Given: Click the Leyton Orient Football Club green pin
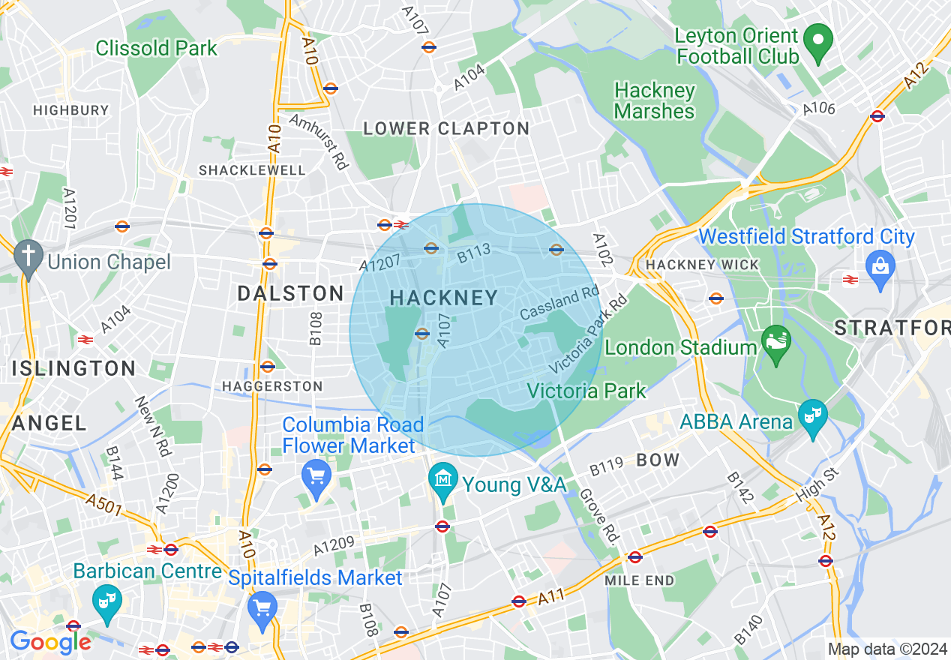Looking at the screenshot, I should (818, 38).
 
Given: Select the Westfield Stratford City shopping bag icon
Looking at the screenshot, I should (880, 265).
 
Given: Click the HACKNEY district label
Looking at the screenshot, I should (444, 298).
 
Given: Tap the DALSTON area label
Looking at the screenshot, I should (290, 293).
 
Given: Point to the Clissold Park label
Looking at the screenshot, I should (156, 49).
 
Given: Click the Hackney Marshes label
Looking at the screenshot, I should (654, 100).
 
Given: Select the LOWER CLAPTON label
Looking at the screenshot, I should (446, 129).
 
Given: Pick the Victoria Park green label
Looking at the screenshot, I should (586, 391).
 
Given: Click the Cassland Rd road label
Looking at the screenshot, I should (559, 302).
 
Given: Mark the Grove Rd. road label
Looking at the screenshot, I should (598, 517).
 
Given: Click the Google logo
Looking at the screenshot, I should (49, 641).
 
